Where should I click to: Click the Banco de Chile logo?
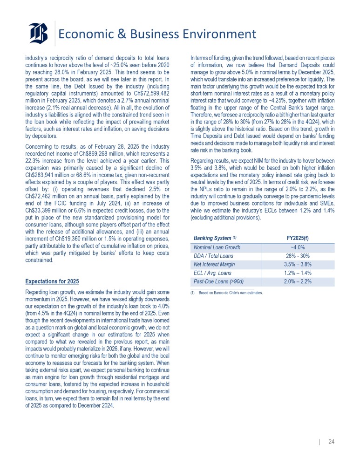(x=38, y=34)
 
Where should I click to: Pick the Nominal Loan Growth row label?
(x=217, y=247)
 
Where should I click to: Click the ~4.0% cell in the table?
(x=298, y=247)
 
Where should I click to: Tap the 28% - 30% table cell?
(x=298, y=256)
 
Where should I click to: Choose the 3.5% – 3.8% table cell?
(x=298, y=265)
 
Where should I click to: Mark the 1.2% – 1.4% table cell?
(x=298, y=273)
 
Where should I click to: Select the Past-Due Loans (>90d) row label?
(x=218, y=281)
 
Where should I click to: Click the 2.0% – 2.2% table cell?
(x=298, y=281)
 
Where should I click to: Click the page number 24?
(x=332, y=441)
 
